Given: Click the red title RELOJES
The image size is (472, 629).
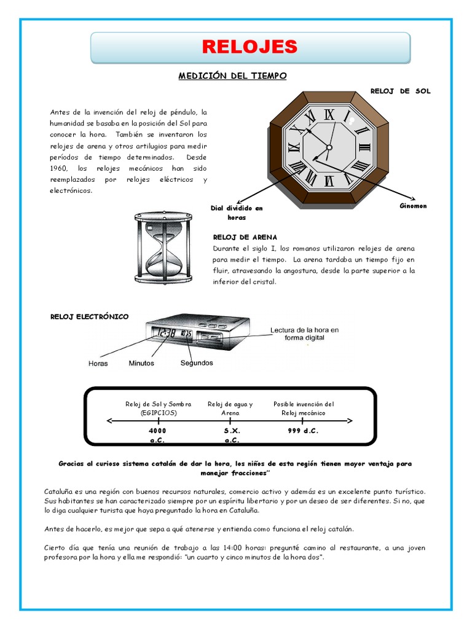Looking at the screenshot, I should pyautogui.click(x=250, y=46).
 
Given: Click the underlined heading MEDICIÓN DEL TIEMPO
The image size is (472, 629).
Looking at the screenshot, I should pyautogui.click(x=233, y=76).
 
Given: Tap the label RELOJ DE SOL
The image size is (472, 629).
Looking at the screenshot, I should pyautogui.click(x=400, y=91).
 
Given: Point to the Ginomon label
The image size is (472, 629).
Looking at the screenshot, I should pyautogui.click(x=412, y=206).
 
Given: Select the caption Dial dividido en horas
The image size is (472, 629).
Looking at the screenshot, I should pyautogui.click(x=237, y=213).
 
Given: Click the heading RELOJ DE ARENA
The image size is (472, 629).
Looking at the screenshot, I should pyautogui.click(x=245, y=236).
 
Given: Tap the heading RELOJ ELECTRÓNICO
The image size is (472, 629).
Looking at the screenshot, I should pyautogui.click(x=89, y=316).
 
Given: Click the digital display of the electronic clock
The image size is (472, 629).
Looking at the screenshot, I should pyautogui.click(x=175, y=334).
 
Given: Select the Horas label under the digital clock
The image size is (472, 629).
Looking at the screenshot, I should pyautogui.click(x=98, y=363).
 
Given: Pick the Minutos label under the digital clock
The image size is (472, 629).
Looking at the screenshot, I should pyautogui.click(x=141, y=363).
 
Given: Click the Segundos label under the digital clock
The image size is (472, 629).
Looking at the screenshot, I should pyautogui.click(x=197, y=362).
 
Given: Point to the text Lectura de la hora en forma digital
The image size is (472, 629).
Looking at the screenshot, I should pyautogui.click(x=304, y=334).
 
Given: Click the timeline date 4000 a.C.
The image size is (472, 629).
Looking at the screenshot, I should pyautogui.click(x=157, y=436).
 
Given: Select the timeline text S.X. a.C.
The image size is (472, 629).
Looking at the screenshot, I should pyautogui.click(x=231, y=436).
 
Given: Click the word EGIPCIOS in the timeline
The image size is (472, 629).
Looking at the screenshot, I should pyautogui.click(x=158, y=413).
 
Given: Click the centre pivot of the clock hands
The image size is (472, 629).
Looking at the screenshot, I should pyautogui.click(x=329, y=147).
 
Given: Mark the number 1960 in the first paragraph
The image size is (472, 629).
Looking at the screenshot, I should pyautogui.click(x=60, y=168).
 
